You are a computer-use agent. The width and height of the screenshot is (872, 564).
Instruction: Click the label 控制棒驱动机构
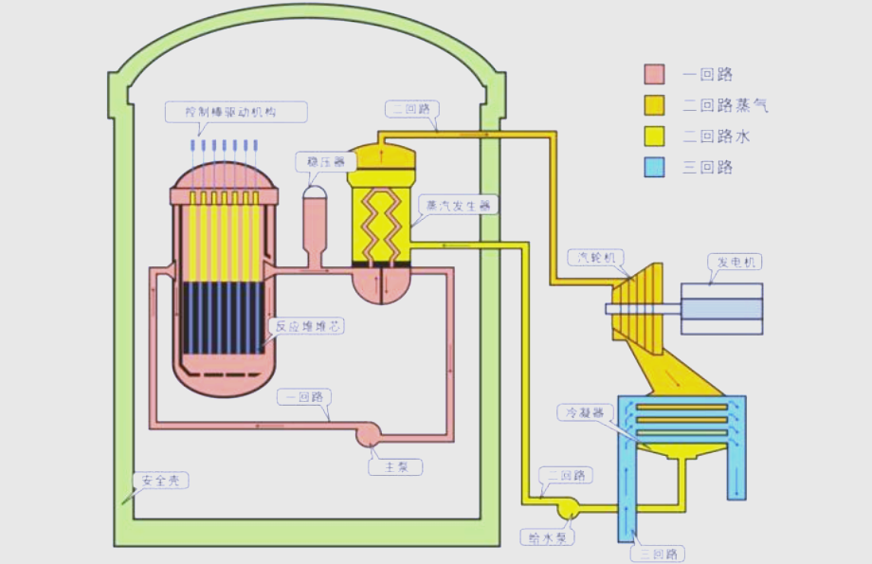pyautogui.click(x=236, y=112)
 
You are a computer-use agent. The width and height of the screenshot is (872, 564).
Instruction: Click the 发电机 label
pyautogui.click(x=734, y=262)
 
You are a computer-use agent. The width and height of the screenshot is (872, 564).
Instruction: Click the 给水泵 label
pyautogui.click(x=548, y=537)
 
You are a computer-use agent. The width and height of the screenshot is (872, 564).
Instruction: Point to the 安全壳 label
pyautogui.click(x=160, y=481)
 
